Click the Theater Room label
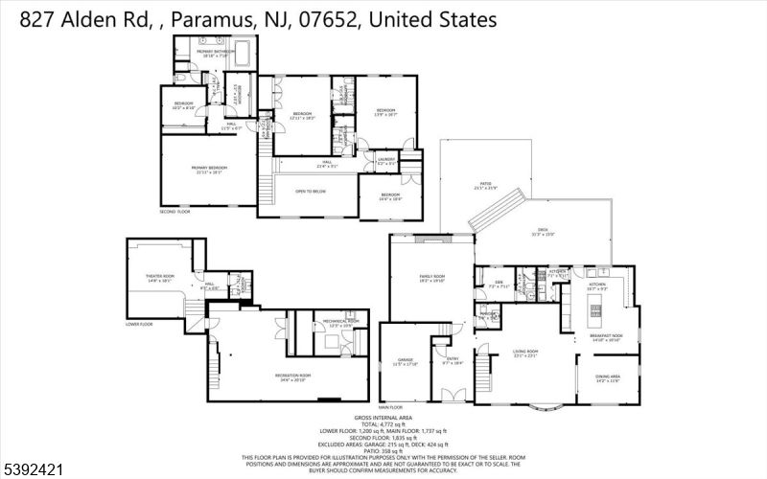pyautogui.click(x=158, y=276)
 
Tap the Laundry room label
pyautogui.click(x=386, y=160)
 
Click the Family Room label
pyautogui.click(x=432, y=278)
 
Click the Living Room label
pyautogui.click(x=525, y=353)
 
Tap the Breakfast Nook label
pyautogui.click(x=606, y=335)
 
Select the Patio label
pyautogui.click(x=485, y=185)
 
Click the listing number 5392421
pyautogui.click(x=34, y=469)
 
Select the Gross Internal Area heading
pyautogui.click(x=383, y=419)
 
